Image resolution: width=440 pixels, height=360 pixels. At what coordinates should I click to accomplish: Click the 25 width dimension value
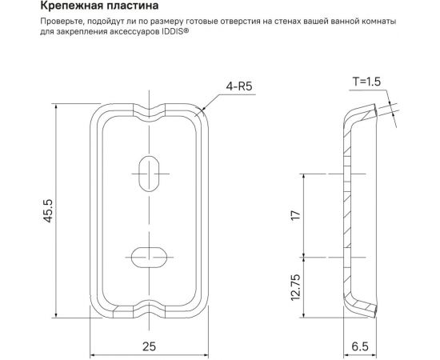click(x=148, y=346)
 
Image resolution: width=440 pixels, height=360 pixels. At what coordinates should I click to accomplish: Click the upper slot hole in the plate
click(x=149, y=173)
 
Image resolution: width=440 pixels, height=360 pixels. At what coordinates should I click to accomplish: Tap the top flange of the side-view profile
click(x=364, y=111)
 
